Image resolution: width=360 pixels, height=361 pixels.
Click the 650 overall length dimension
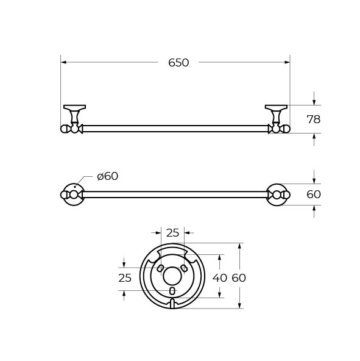pos(178,63)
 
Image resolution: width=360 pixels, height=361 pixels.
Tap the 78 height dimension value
pos(314,120)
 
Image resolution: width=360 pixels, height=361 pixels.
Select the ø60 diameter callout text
pos(108,176)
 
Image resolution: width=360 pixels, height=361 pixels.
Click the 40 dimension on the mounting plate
pos(220,278)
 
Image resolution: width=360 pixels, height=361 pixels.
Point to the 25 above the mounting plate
pos(172,233)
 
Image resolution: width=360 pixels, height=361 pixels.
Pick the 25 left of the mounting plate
pos(125,278)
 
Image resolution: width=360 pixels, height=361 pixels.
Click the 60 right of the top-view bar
pos(314,195)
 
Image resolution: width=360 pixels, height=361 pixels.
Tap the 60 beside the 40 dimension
pos(239,278)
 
